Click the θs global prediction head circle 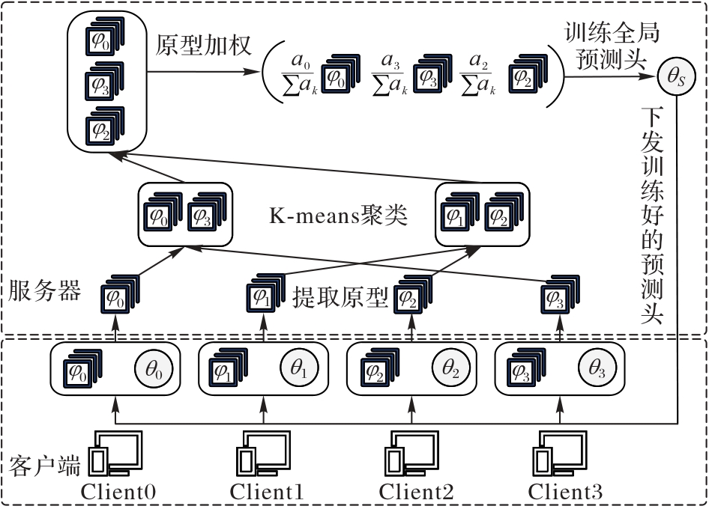tap(676, 77)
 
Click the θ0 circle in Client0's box tap(154, 370)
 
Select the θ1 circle tap(299, 369)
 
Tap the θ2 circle tap(451, 370)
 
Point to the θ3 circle tap(597, 370)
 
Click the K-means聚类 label tap(338, 216)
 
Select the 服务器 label tap(44, 290)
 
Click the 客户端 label tap(44, 465)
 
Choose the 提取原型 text tap(340, 297)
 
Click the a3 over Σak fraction tap(390, 75)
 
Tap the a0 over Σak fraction tap(299, 75)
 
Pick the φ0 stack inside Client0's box tap(82, 368)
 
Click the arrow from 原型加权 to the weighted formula tap(202, 71)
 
